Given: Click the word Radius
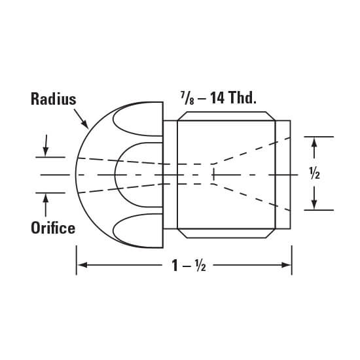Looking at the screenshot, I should [53, 99].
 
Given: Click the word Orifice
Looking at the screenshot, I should [52, 228].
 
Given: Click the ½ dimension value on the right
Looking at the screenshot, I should [314, 174].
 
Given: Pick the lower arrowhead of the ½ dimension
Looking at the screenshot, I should [314, 205].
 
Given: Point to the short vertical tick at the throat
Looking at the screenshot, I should [211, 174].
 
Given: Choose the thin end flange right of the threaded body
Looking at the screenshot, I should [283, 175].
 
